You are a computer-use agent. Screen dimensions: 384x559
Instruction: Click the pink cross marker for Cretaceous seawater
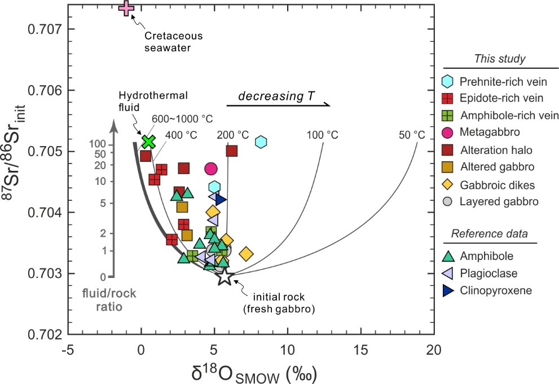point(127,8)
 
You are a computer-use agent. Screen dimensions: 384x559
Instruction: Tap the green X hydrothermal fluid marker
point(148,142)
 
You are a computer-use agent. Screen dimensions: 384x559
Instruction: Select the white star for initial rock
point(225,276)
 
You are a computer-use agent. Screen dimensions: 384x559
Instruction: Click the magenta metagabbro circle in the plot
point(212,168)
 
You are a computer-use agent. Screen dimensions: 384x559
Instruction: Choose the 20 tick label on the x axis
point(434,350)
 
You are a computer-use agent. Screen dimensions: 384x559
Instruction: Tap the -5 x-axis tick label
point(68,350)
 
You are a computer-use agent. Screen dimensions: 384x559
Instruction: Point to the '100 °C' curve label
point(322,135)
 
